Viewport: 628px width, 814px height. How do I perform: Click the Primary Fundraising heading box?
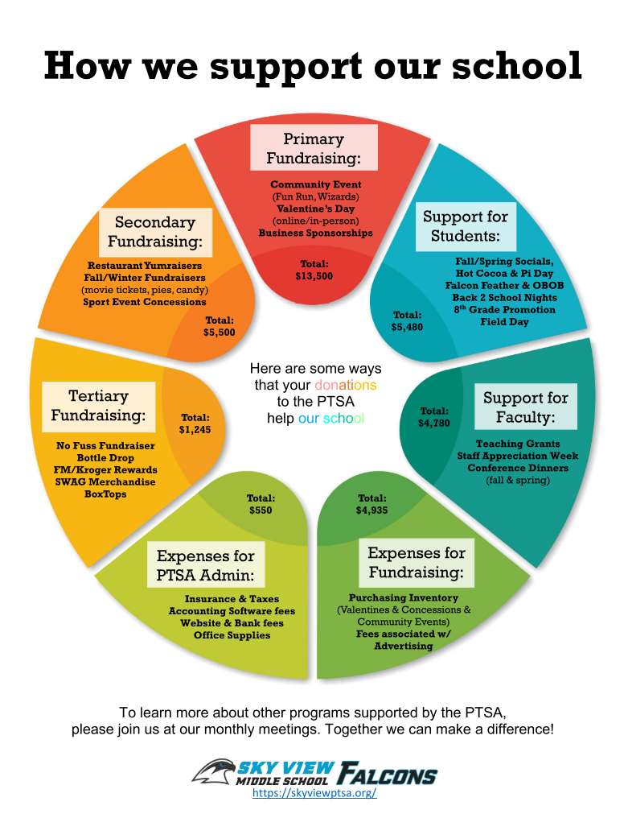(314, 147)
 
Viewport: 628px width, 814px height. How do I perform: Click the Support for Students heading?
(465, 226)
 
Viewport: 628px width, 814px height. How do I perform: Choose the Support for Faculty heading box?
(525, 407)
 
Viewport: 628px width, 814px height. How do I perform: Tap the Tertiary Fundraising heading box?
(99, 406)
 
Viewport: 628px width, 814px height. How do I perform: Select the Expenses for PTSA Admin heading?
(205, 565)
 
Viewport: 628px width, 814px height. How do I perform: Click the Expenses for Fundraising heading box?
(416, 562)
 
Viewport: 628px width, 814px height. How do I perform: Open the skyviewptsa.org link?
(314, 793)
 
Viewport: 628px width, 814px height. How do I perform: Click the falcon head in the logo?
(213, 771)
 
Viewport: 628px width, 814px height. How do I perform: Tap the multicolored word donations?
(345, 385)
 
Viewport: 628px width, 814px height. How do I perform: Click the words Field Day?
(503, 322)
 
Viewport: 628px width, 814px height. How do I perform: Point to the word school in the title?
(519, 65)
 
